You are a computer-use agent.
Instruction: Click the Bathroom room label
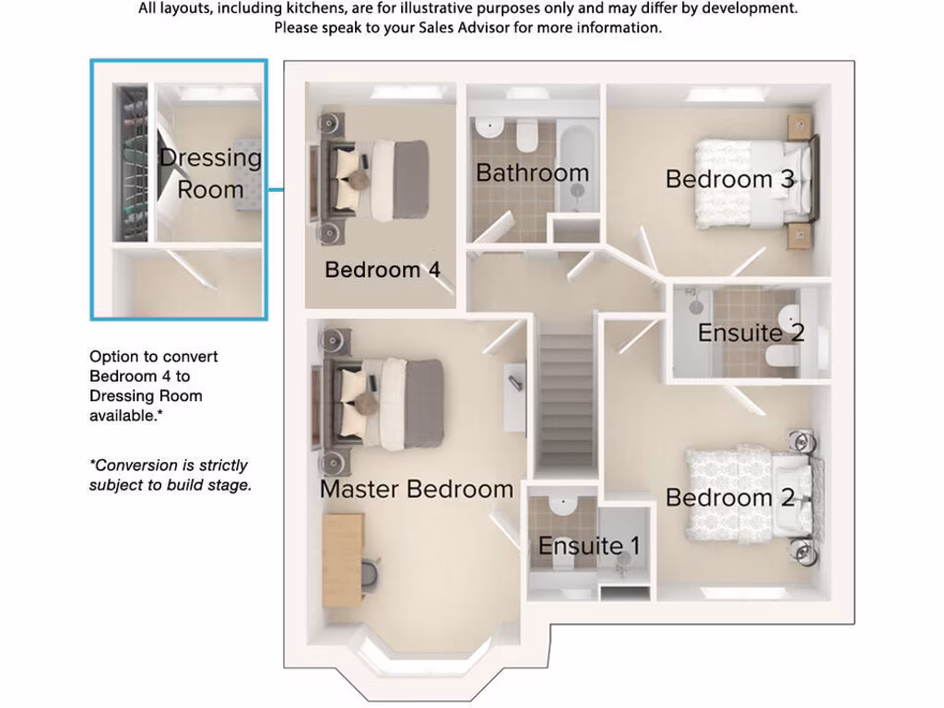[532, 172]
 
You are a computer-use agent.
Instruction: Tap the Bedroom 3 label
[729, 179]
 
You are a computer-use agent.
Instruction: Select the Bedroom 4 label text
[382, 270]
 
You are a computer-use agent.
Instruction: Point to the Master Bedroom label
[416, 489]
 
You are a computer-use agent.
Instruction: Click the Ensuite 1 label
[588, 546]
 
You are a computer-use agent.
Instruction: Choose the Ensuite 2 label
[750, 333]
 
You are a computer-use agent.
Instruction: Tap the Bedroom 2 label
[729, 498]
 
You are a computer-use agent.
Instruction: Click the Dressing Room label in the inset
[210, 173]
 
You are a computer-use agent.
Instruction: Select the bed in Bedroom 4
[383, 180]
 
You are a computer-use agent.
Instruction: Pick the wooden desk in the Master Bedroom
[343, 559]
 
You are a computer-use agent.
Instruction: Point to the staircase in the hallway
[566, 401]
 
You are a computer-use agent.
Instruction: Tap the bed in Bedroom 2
[747, 493]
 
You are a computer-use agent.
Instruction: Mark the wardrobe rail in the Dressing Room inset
[131, 164]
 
